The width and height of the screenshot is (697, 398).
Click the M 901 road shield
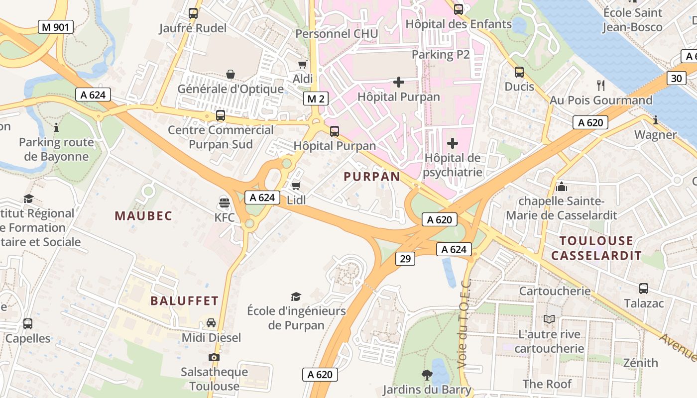click(56, 27)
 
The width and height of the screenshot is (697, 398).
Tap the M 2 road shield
click(316, 99)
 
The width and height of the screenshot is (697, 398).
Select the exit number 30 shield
click(676, 78)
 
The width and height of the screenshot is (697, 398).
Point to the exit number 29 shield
click(405, 258)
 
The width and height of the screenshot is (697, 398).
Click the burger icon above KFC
click(225, 202)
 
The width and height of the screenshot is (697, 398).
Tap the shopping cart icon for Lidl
click(296, 186)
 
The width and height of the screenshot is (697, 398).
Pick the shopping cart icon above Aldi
click(302, 64)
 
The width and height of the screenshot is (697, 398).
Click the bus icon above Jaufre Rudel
click(193, 13)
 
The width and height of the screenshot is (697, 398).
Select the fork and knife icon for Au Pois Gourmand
click(601, 86)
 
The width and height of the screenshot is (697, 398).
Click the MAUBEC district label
click(143, 215)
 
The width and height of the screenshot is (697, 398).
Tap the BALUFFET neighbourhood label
click(184, 300)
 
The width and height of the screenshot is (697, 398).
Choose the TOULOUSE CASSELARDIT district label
click(596, 248)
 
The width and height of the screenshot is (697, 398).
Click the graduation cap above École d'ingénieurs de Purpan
click(296, 297)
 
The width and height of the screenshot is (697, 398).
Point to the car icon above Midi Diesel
click(211, 323)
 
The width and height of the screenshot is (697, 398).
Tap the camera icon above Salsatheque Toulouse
click(214, 357)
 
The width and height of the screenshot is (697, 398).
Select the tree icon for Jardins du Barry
click(427, 375)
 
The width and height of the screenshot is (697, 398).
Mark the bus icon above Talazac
click(644, 289)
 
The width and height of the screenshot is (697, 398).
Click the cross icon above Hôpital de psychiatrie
click(452, 144)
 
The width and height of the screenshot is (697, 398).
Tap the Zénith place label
click(641, 363)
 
